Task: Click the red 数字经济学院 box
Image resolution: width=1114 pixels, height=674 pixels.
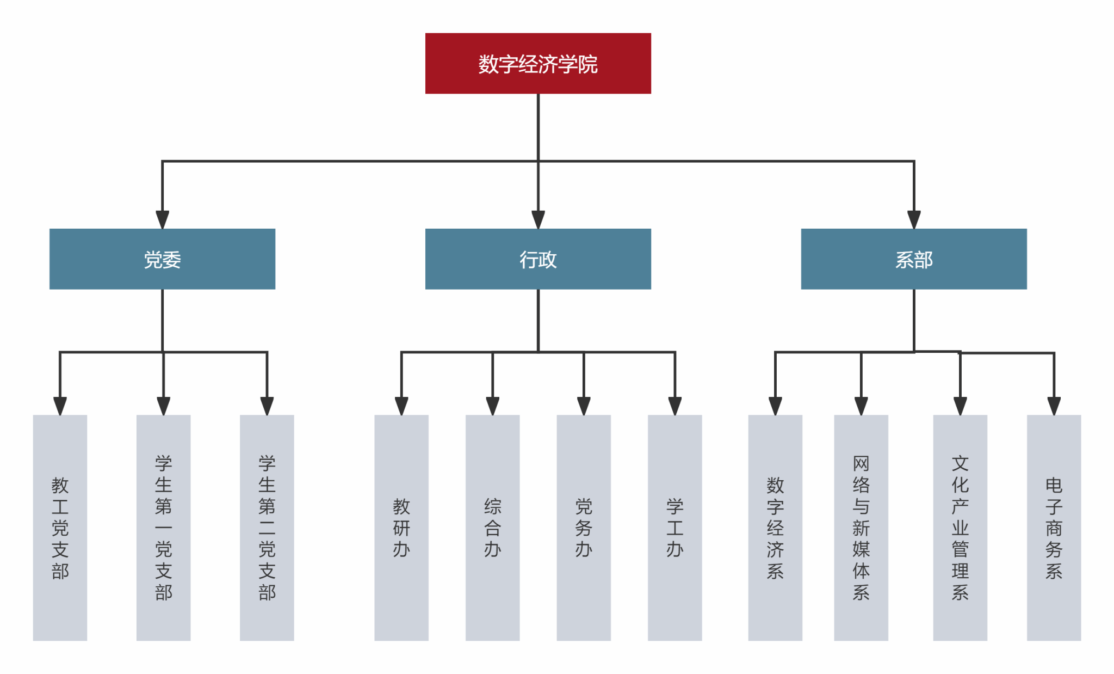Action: tap(538, 63)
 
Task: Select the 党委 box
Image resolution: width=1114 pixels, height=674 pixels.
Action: tap(162, 259)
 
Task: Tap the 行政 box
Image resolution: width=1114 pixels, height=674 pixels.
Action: tap(538, 259)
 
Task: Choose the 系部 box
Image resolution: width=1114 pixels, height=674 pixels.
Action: tap(914, 259)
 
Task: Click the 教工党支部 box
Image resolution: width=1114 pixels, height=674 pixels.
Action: tap(60, 528)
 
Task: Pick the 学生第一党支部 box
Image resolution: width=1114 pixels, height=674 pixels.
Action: tap(163, 528)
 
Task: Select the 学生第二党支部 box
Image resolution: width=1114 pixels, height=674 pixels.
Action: tap(267, 528)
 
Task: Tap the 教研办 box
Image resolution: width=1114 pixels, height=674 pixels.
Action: tap(401, 528)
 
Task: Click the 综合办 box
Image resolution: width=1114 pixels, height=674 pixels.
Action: tap(492, 528)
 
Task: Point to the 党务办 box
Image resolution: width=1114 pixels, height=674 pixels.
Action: tap(584, 528)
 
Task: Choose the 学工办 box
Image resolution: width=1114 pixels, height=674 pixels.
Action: tap(675, 528)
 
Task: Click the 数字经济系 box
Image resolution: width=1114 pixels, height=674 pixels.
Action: tap(775, 528)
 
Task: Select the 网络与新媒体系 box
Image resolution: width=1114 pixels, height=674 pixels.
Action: tap(861, 528)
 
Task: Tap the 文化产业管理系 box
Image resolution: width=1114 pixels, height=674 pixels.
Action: tap(960, 528)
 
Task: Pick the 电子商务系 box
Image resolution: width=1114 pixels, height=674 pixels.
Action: tap(1054, 528)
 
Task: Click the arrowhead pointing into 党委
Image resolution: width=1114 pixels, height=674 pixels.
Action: tap(162, 220)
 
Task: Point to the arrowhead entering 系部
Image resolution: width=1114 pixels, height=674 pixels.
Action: tap(914, 220)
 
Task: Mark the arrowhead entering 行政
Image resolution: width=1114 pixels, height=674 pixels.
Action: tap(538, 220)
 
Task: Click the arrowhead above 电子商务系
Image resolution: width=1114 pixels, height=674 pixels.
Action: tap(1054, 406)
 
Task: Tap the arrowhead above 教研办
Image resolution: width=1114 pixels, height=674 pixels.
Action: tap(401, 406)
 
